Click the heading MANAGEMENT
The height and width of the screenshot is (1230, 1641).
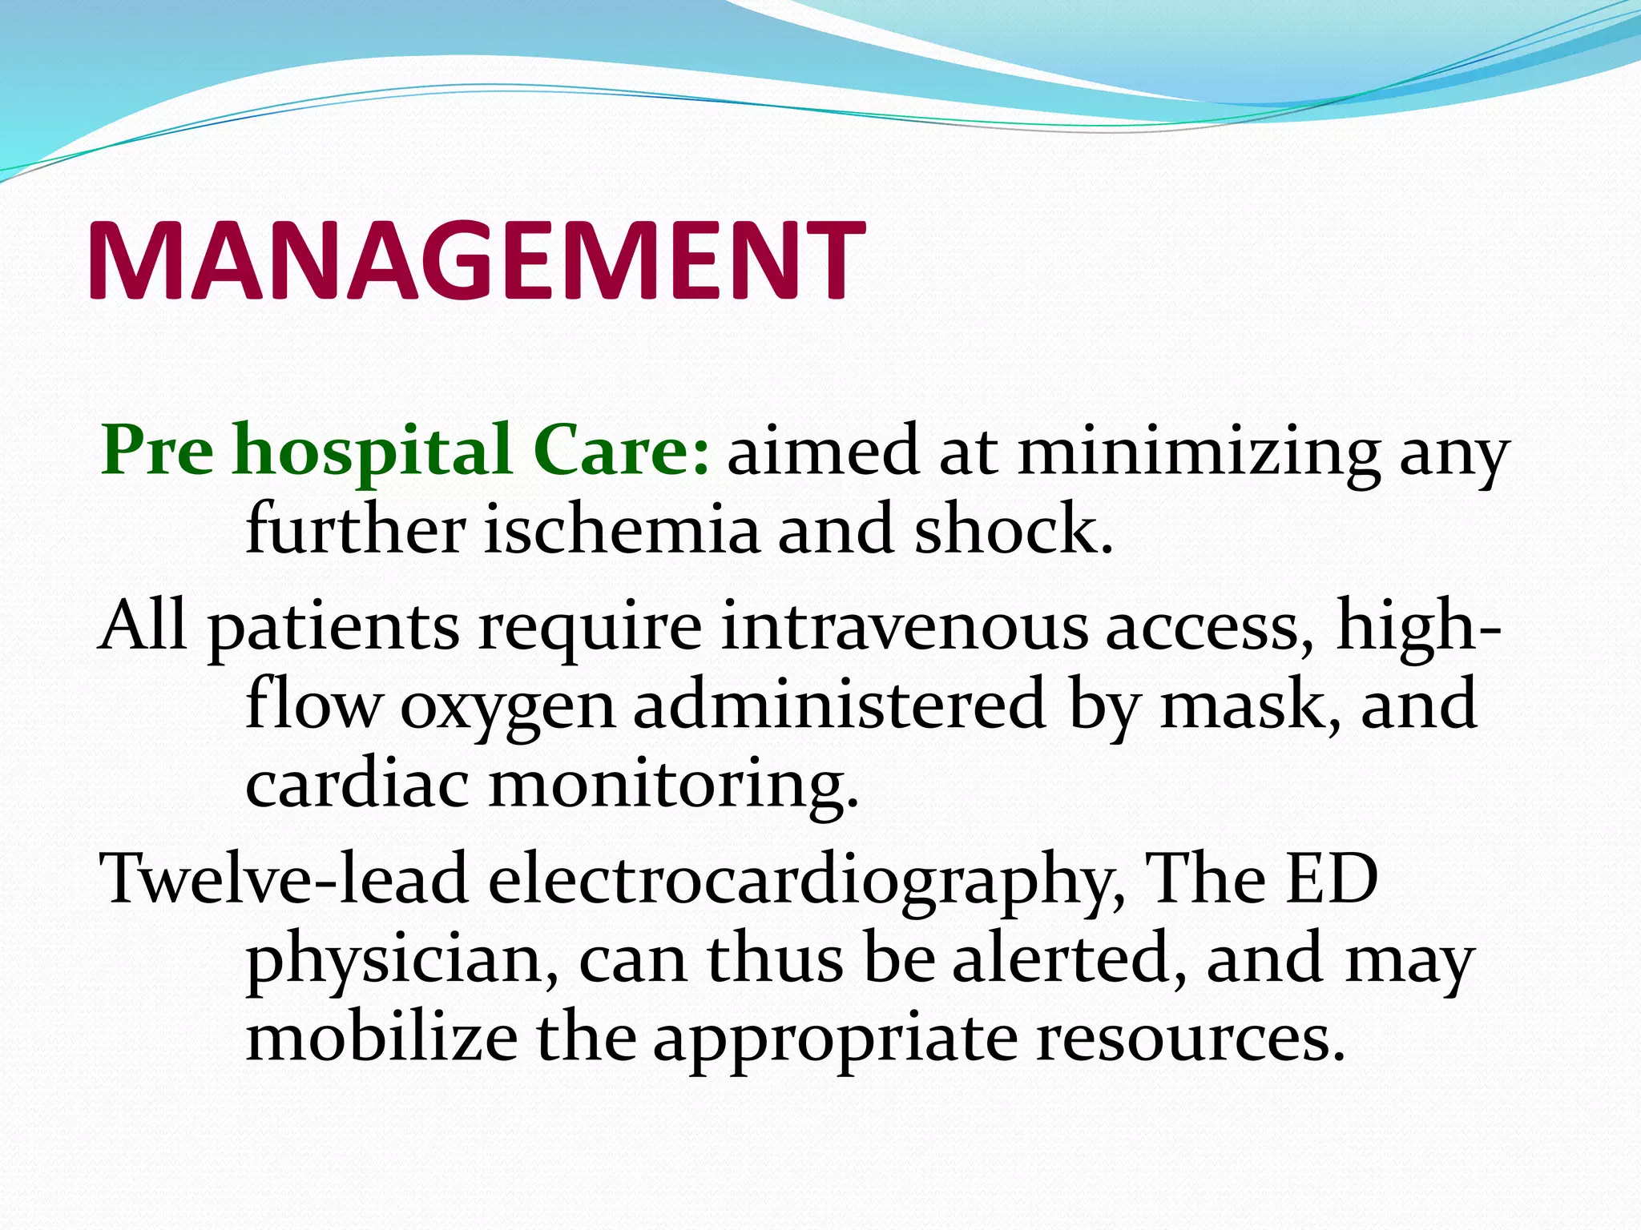476,259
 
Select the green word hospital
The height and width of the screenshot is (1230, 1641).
373,450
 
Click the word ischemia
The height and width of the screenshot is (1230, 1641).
622,531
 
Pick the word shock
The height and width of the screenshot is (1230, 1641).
1014,531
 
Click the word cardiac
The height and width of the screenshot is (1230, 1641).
357,785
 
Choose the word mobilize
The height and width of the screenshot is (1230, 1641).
381,1038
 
